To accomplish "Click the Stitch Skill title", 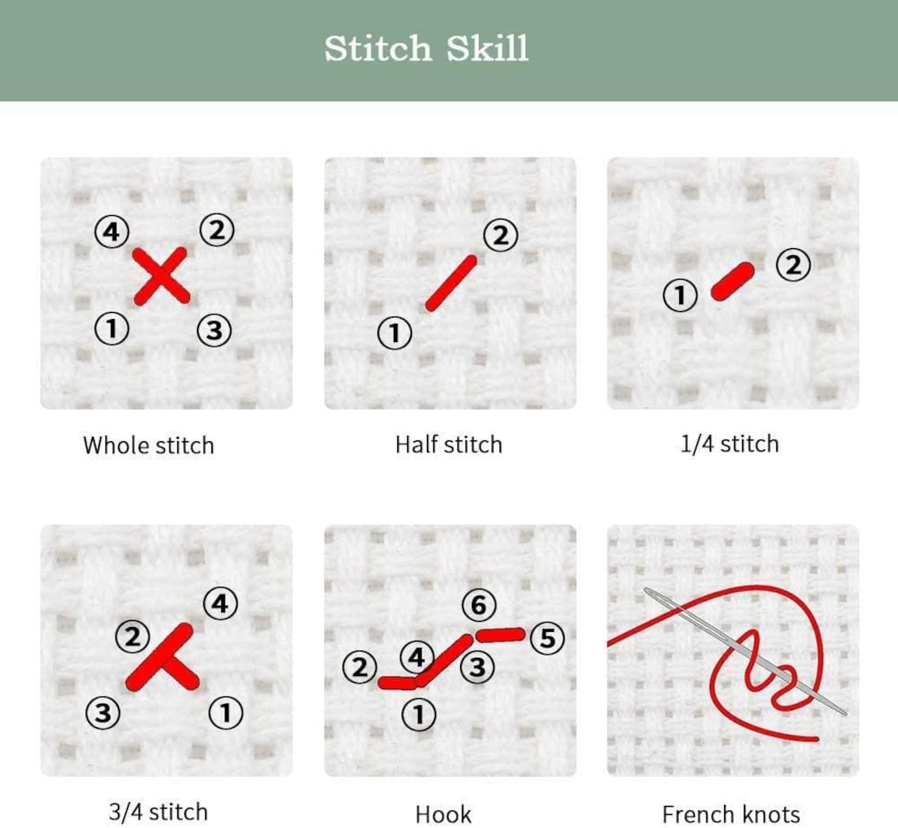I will click(x=426, y=49).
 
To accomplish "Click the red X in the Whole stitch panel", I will click(x=161, y=276).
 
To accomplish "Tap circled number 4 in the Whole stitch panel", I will click(x=111, y=232).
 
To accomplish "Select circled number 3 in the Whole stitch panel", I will click(x=212, y=329).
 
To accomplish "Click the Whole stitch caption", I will click(x=148, y=445).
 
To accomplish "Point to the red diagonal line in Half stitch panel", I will click(x=451, y=282).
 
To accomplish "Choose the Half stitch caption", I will click(x=448, y=444).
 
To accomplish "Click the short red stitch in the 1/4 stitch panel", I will click(x=733, y=281).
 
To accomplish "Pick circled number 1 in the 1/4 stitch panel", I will click(x=681, y=296).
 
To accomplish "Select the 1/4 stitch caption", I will click(x=729, y=444).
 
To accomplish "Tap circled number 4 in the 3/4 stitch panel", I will click(x=220, y=604).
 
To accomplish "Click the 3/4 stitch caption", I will click(x=158, y=812).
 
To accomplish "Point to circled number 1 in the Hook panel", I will click(x=418, y=715).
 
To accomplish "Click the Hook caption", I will click(x=443, y=814).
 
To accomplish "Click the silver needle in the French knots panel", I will click(x=748, y=653).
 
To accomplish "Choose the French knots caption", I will click(x=730, y=814).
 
